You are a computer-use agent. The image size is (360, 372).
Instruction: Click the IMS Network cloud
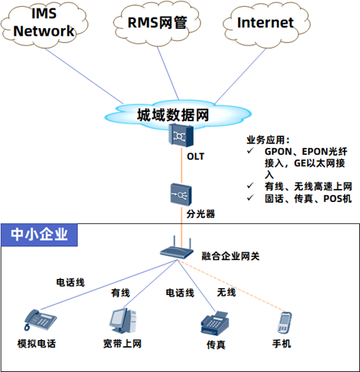[44, 24]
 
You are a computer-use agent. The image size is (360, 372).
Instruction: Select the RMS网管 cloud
[157, 24]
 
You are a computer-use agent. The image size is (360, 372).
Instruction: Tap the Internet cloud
[266, 24]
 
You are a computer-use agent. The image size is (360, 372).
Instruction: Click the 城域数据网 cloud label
[173, 115]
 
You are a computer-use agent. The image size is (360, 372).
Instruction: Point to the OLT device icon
[181, 135]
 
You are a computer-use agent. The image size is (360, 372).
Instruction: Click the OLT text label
[195, 156]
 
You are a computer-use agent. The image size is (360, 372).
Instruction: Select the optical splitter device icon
[181, 194]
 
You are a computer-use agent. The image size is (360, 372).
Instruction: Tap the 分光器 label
[201, 213]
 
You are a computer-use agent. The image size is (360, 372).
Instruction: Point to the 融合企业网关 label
[230, 256]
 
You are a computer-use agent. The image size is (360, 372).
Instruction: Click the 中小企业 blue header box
[39, 235]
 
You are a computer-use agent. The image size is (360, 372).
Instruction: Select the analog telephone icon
[40, 320]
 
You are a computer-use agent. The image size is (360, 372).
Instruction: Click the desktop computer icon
[123, 321]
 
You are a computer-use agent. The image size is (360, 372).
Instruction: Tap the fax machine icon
[215, 323]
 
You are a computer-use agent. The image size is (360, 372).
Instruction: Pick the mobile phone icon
[284, 322]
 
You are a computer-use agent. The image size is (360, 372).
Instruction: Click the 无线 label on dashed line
[227, 292]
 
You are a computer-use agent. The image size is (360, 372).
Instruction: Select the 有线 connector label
[121, 293]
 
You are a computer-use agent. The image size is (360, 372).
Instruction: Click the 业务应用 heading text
[268, 140]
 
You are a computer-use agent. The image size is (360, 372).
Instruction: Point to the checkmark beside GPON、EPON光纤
[250, 151]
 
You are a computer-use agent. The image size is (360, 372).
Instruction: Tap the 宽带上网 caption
[122, 344]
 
